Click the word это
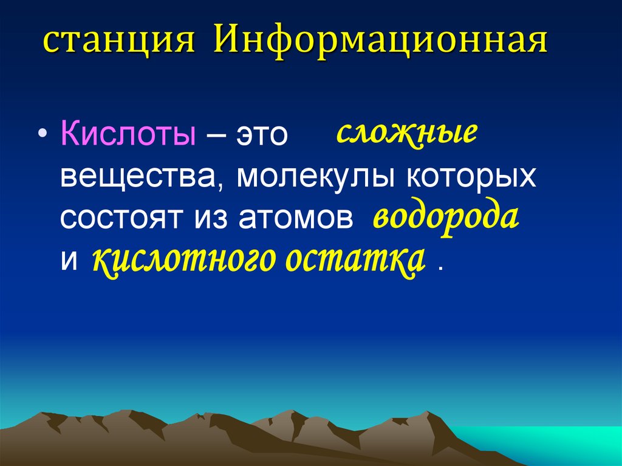click(261, 135)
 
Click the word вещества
click(143, 177)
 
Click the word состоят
click(123, 219)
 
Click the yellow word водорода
click(446, 218)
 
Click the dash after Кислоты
click(215, 135)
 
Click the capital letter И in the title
click(225, 44)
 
